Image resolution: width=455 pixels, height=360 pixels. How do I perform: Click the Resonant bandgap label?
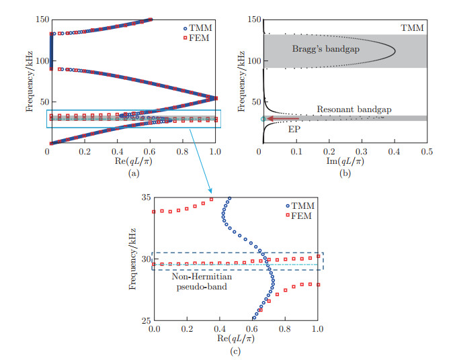345,109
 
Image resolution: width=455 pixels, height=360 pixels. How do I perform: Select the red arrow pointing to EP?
283,118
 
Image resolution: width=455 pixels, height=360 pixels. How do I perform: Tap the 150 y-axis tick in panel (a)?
38,19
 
